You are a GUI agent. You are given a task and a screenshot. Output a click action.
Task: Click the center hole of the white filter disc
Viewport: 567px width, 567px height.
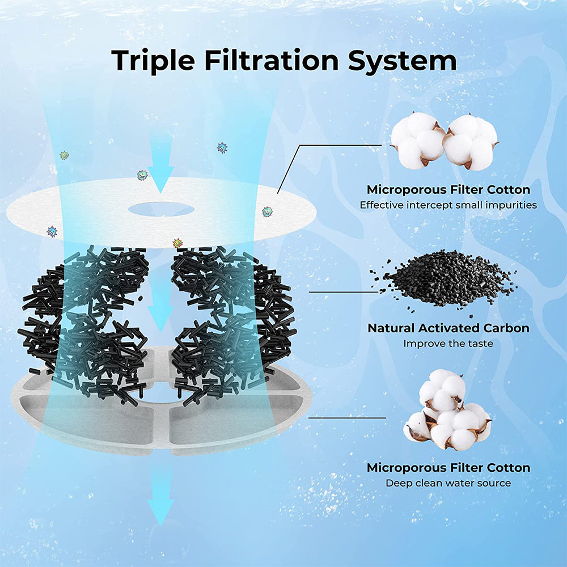click(161, 209)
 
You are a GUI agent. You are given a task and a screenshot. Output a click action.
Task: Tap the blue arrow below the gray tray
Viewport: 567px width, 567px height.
click(160, 502)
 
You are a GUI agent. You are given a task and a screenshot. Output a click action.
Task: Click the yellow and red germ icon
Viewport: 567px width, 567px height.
click(177, 243)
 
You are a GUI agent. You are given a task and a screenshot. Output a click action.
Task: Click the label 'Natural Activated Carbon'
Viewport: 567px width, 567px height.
click(448, 328)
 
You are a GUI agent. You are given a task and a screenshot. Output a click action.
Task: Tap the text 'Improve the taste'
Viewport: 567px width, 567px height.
click(448, 344)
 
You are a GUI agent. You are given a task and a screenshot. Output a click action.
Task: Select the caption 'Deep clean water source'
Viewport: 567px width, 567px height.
click(448, 483)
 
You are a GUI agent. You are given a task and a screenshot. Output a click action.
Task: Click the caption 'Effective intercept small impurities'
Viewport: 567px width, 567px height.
click(448, 205)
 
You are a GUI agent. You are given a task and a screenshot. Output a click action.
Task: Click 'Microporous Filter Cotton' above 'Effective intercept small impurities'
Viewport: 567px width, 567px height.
click(448, 189)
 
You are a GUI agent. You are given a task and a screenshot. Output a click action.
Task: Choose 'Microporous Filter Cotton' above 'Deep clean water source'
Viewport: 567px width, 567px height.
click(448, 468)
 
